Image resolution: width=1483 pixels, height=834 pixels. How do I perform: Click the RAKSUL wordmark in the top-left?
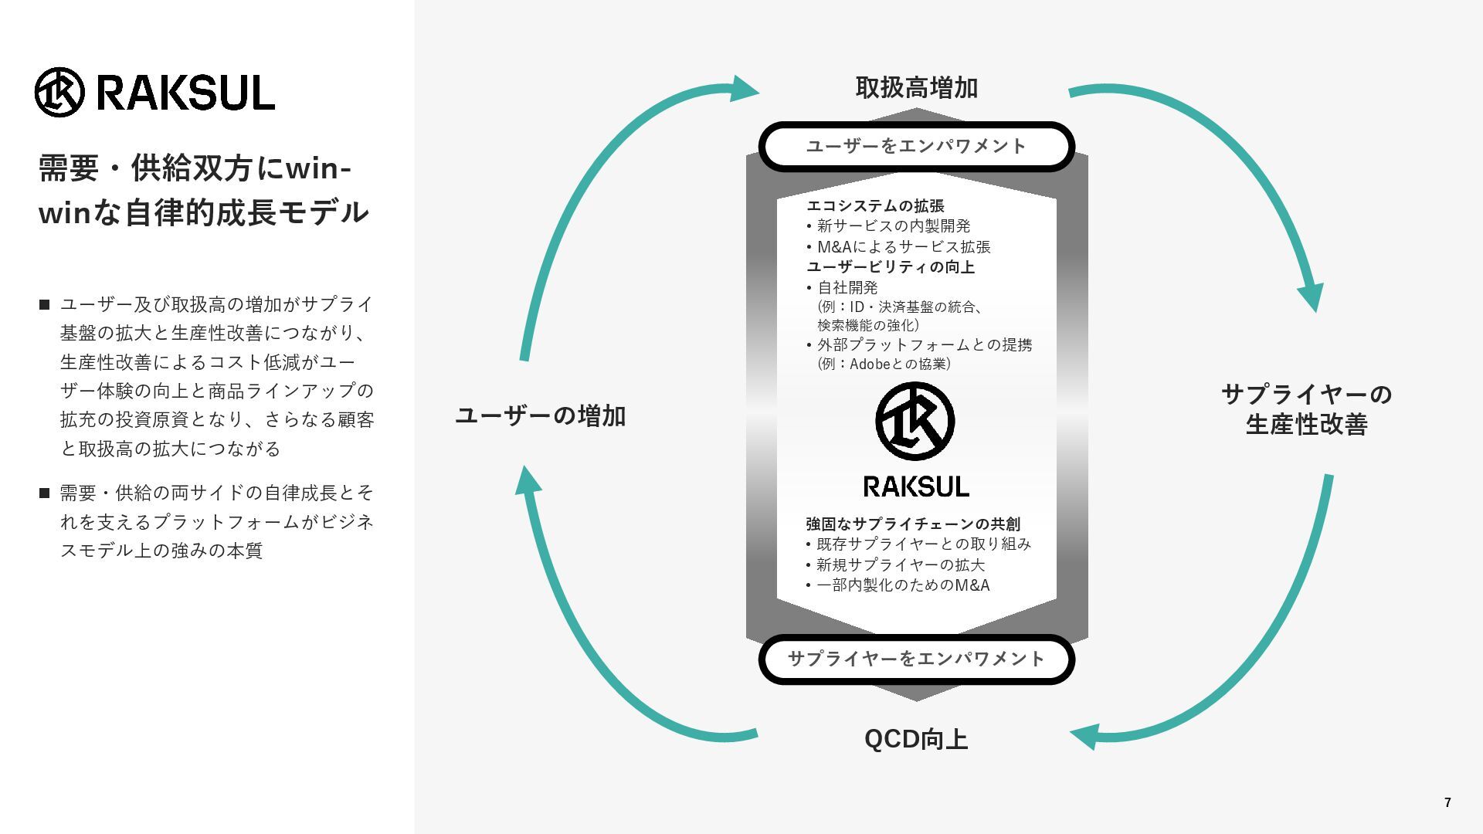(x=185, y=93)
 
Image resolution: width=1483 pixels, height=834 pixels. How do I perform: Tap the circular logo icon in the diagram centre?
(x=915, y=422)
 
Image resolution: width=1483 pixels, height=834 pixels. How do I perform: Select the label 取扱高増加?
(x=917, y=88)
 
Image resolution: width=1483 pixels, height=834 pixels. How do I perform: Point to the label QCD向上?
(x=916, y=739)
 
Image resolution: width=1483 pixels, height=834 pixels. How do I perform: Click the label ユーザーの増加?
(x=541, y=416)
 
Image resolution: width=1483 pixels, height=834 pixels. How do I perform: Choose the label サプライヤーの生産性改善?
(x=1307, y=409)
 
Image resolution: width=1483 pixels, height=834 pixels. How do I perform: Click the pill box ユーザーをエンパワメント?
(x=917, y=146)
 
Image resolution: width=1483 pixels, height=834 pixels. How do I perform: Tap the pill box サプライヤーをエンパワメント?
(x=917, y=659)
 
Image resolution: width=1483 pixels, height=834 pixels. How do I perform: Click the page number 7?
(x=1447, y=803)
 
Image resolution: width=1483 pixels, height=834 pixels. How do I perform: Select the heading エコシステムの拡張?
(x=875, y=206)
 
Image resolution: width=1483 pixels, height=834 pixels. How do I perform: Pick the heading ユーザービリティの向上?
(x=891, y=267)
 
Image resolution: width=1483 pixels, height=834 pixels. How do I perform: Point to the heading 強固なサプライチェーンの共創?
(x=913, y=524)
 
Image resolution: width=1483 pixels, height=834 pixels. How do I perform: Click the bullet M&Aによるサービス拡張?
(x=904, y=247)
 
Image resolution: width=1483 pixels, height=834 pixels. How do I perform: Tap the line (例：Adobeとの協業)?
(x=884, y=364)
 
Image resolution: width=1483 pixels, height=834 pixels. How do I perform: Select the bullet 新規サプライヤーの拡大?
(x=900, y=565)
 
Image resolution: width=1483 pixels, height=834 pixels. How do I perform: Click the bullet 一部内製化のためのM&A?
(x=902, y=585)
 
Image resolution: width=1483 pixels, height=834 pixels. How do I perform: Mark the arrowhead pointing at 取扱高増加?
(x=745, y=89)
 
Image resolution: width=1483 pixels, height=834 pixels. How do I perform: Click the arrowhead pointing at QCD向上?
(x=1084, y=737)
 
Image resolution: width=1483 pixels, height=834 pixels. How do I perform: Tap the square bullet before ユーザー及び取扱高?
(x=44, y=305)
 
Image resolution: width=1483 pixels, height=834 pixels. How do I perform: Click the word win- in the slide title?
(x=318, y=169)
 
